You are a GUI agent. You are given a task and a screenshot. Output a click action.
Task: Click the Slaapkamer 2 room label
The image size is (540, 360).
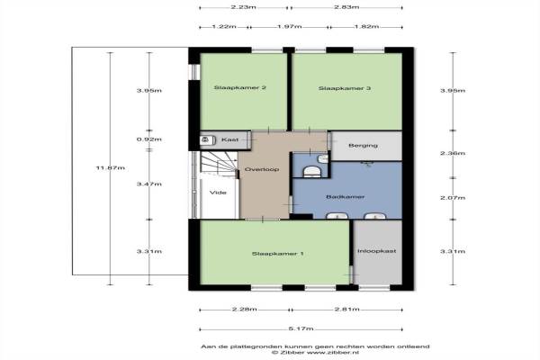point(239,87)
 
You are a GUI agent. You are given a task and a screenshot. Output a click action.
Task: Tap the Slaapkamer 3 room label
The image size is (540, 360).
point(345,88)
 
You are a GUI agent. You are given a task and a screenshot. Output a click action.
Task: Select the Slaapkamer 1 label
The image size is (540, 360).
point(277,254)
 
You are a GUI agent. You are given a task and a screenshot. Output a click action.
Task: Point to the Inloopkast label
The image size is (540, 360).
point(377,251)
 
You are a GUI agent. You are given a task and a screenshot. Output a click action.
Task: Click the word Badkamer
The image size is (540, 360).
point(345,197)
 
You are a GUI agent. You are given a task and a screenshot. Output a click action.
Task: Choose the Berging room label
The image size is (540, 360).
point(363,146)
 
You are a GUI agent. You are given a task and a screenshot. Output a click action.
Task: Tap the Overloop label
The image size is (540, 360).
point(262,169)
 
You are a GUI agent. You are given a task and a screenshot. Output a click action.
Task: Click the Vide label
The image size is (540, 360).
point(218,193)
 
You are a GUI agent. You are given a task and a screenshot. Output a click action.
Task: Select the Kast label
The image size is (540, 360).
point(229,139)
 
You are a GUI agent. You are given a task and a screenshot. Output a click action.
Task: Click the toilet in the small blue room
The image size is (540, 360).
point(312,171)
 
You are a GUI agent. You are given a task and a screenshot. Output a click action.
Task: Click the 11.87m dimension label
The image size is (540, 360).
point(110,168)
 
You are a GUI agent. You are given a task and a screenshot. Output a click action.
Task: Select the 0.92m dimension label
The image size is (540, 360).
point(149,139)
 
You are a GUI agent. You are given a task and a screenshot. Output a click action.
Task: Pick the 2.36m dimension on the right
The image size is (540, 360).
point(453,153)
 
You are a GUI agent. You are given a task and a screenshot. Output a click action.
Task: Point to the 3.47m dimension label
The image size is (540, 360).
point(149,184)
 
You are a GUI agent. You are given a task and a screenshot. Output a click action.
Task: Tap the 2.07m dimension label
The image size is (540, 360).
point(453,198)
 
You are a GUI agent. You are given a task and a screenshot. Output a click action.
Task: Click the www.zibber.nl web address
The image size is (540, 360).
point(333,353)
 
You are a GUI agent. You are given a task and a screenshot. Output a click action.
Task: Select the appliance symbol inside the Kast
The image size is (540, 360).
point(206,139)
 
